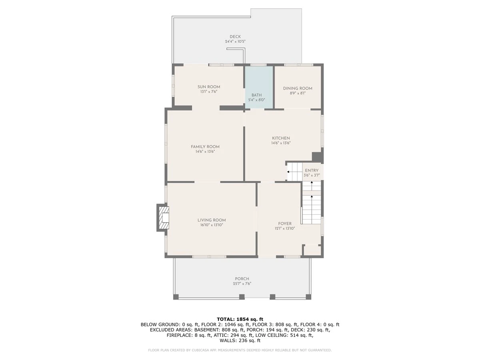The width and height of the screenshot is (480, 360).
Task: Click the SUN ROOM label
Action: pyautogui.click(x=209, y=87)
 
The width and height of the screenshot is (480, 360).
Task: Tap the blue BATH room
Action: pyautogui.click(x=259, y=87)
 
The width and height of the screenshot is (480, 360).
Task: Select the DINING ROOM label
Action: pyautogui.click(x=298, y=88)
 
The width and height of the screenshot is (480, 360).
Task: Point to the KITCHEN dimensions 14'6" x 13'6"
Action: pyautogui.click(x=281, y=143)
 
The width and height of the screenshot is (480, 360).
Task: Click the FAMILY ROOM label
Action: pyautogui.click(x=205, y=147)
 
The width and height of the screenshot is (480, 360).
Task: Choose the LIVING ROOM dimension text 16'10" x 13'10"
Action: pyautogui.click(x=212, y=225)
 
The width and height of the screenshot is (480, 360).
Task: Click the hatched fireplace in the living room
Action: pyautogui.click(x=163, y=218)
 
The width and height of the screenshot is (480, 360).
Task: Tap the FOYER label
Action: pyautogui.click(x=285, y=224)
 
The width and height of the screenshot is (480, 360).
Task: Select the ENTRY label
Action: pyautogui.click(x=312, y=170)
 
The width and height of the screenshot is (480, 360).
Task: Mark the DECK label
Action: pyautogui.click(x=235, y=37)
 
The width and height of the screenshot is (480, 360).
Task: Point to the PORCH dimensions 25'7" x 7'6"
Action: pyautogui.click(x=242, y=284)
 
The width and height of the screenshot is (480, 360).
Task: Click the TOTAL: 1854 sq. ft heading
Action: pyautogui.click(x=240, y=319)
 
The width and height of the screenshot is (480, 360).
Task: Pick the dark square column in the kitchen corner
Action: pyautogui.click(x=317, y=157)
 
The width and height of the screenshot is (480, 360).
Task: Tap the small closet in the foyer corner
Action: pyautogui.click(x=312, y=250)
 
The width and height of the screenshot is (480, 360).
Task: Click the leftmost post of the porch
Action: pyautogui.click(x=176, y=297)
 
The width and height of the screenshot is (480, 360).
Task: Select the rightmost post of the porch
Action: pyautogui.click(x=308, y=297)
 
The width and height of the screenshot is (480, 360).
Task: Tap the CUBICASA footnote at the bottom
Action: pyautogui.click(x=240, y=350)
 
